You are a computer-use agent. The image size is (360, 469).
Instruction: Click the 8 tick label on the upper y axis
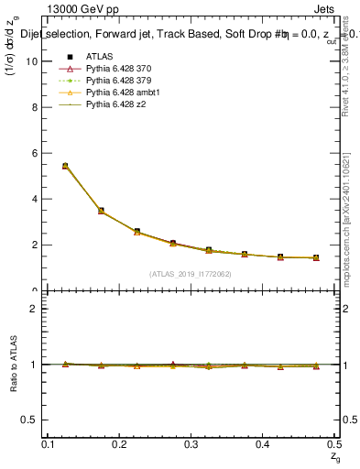tap(37, 107)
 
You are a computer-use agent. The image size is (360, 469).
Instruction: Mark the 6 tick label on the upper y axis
tap(37, 153)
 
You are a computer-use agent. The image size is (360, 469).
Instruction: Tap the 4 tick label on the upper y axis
tap(37, 199)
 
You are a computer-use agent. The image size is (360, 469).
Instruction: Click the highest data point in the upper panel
tap(64, 166)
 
